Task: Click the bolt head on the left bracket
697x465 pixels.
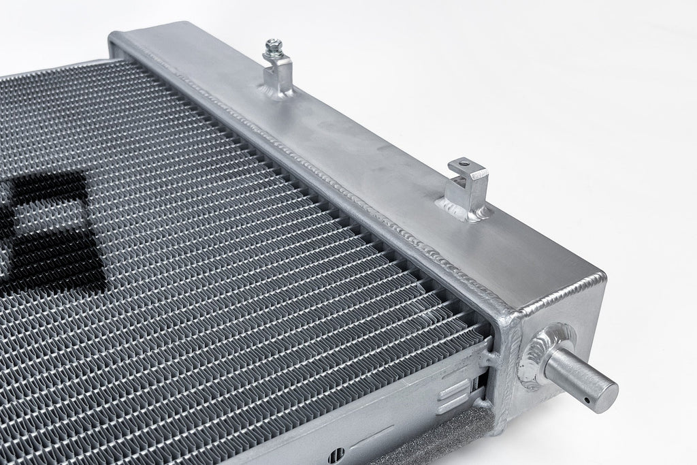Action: [274, 46]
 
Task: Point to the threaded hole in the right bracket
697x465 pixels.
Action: [464, 163]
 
